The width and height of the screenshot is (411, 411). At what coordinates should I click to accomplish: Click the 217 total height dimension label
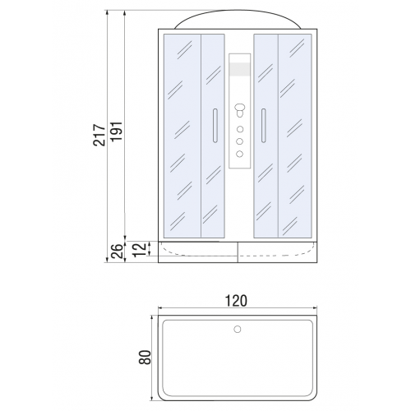[x=99, y=135]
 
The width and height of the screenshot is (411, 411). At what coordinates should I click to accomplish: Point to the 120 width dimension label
[x=236, y=301]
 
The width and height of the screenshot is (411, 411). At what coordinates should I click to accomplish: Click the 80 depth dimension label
[x=145, y=357]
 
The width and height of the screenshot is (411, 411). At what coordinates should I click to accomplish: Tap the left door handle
[x=215, y=126]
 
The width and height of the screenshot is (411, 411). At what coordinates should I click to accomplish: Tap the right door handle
[x=264, y=126]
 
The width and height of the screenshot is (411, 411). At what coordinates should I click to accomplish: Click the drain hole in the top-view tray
[x=238, y=330]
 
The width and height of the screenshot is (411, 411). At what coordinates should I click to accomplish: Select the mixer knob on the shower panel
[x=240, y=110]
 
